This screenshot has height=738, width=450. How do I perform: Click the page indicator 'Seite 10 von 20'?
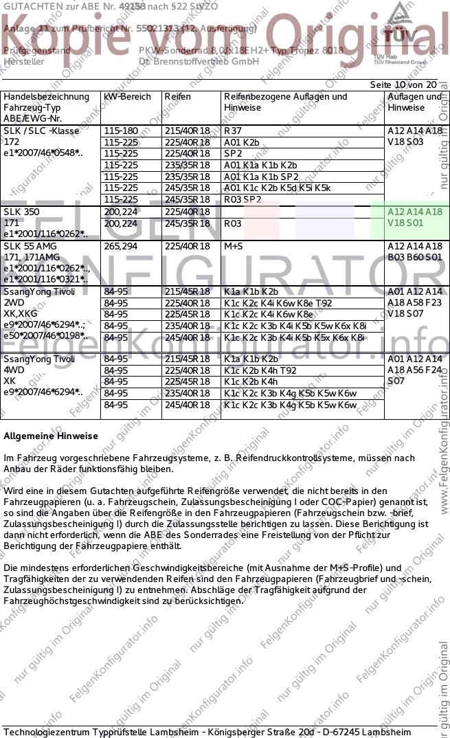pyautogui.click(x=403, y=84)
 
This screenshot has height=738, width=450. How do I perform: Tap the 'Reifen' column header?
pyautogui.click(x=177, y=97)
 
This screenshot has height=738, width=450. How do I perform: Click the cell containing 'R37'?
pyautogui.click(x=234, y=131)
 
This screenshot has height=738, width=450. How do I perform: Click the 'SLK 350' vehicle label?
pyautogui.click(x=21, y=212)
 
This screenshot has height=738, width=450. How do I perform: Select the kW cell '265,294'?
pyautogui.click(x=120, y=246)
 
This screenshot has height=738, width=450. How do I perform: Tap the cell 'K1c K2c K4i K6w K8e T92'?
pyautogui.click(x=278, y=303)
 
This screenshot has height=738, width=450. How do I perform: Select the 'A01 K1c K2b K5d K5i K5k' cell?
pyautogui.click(x=278, y=188)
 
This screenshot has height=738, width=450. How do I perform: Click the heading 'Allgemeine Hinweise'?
pyautogui.click(x=51, y=436)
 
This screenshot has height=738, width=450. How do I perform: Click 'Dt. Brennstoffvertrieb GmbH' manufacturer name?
pyautogui.click(x=199, y=61)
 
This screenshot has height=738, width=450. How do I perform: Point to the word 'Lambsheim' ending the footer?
pyautogui.click(x=387, y=731)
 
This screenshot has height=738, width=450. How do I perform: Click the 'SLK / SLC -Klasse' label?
pyautogui.click(x=41, y=131)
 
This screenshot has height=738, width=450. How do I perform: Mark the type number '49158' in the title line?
pyautogui.click(x=133, y=5)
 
